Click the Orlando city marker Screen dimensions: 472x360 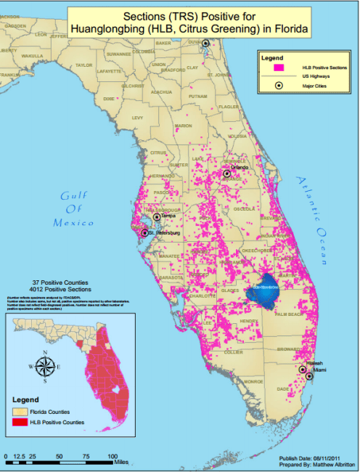pyautogui.click(x=227, y=174)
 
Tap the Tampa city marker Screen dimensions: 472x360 pyautogui.click(x=155, y=217)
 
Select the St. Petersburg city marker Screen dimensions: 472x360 pyautogui.click(x=144, y=233)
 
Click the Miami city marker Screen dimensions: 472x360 pyautogui.click(x=309, y=376)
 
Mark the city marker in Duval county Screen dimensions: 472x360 pyautogui.click(x=205, y=44)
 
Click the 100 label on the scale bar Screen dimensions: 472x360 pyautogui.click(x=112, y=457)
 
